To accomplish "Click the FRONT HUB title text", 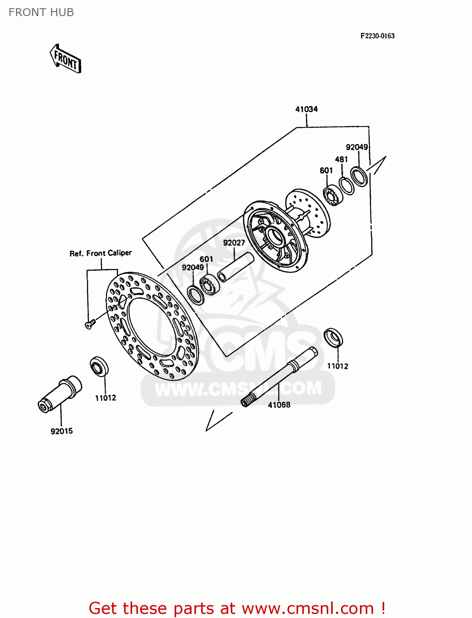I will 41,12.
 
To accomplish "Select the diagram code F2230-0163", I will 377,36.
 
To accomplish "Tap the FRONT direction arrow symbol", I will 65,59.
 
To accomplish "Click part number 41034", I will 306,109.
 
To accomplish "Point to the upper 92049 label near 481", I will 357,147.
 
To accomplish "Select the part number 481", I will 341,159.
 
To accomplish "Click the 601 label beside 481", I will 326,170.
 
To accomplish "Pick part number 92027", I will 234,243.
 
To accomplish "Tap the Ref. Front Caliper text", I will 100,253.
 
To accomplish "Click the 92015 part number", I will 61,431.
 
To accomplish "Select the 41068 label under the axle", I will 279,405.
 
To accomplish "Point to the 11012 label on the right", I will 337,366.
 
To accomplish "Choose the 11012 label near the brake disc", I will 105,398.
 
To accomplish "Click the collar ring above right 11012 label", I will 333,338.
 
